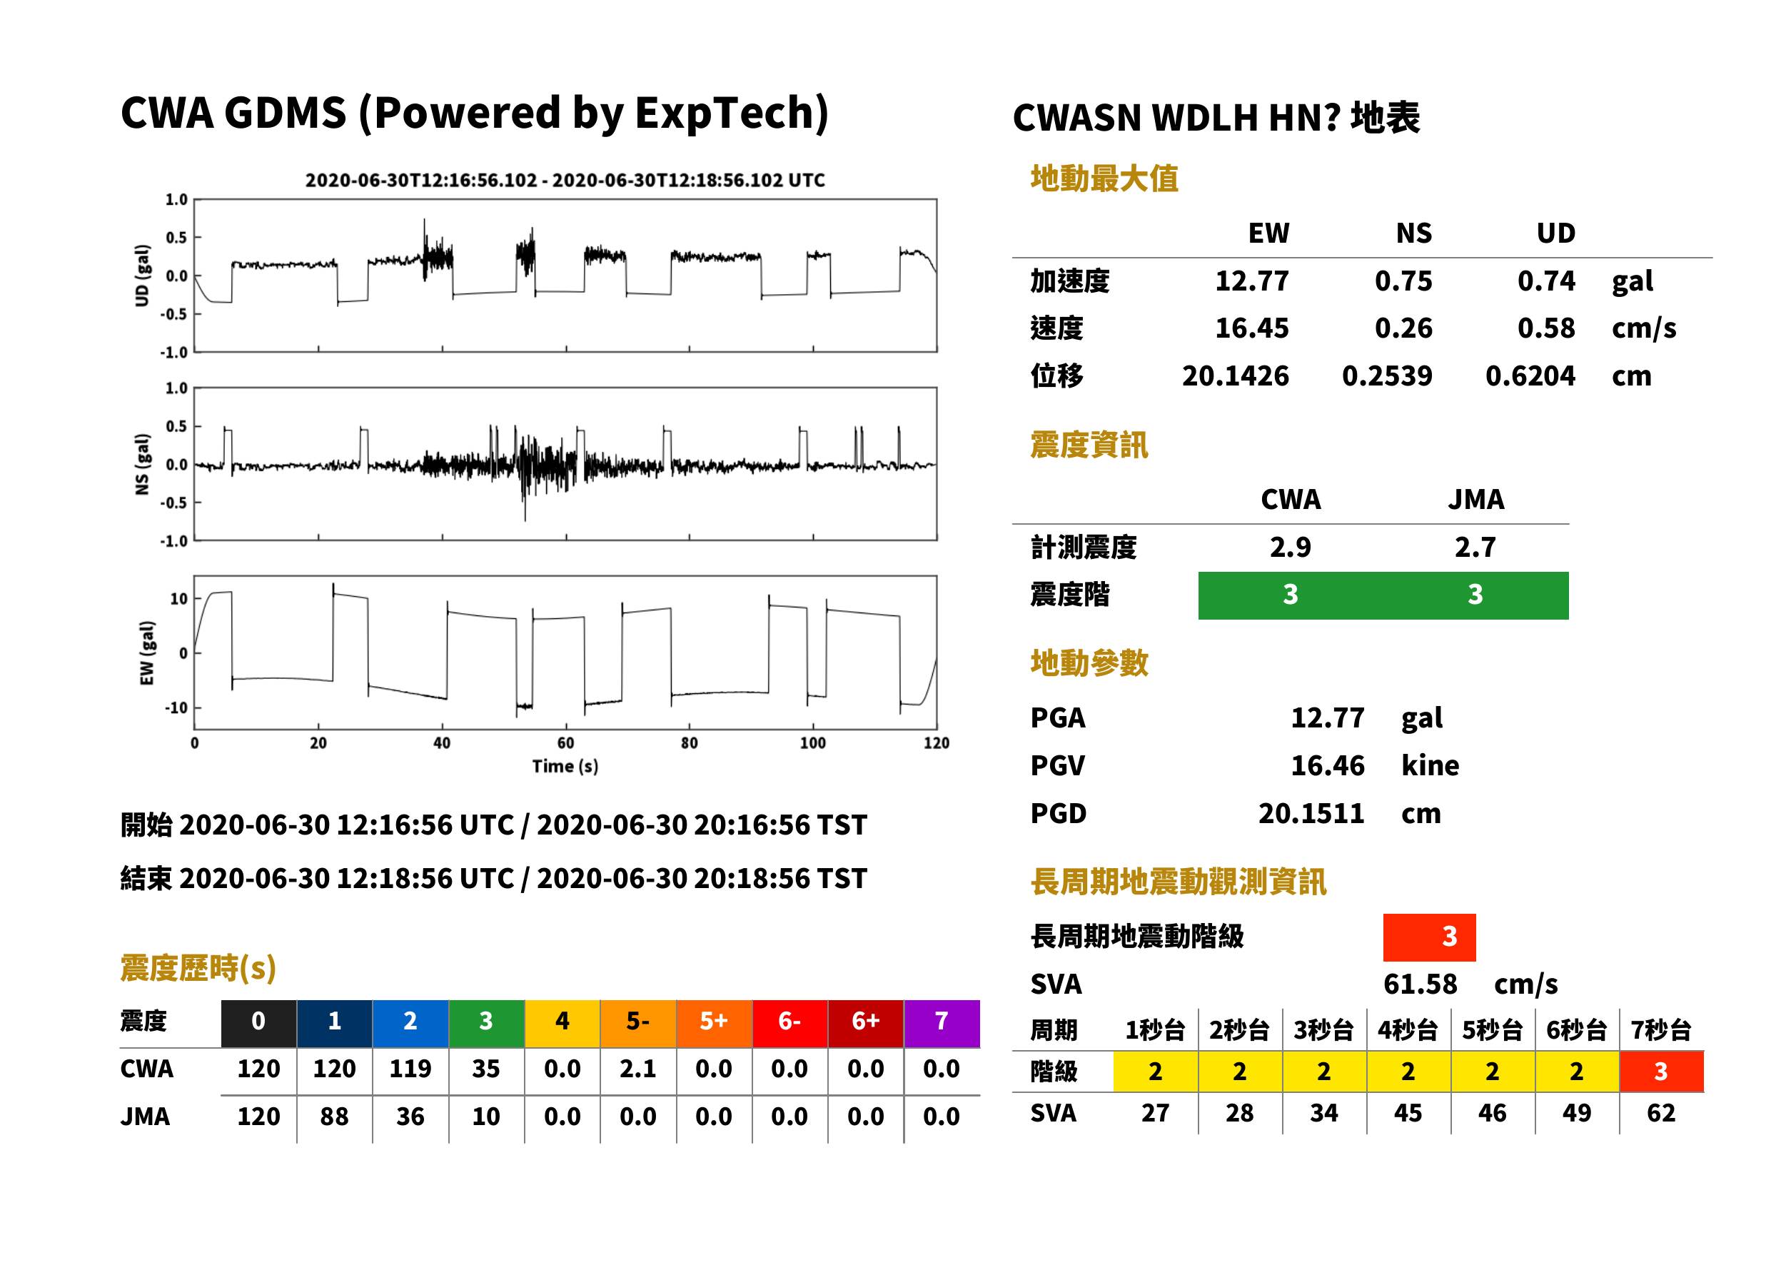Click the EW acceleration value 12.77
pyautogui.click(x=1251, y=281)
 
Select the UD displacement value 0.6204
pyautogui.click(x=1530, y=376)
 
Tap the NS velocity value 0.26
pyautogui.click(x=1403, y=328)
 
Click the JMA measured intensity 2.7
pyautogui.click(x=1475, y=547)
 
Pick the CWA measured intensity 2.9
pyautogui.click(x=1291, y=547)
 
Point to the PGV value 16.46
pyautogui.click(x=1327, y=766)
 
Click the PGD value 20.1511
pyautogui.click(x=1311, y=814)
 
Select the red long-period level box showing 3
pyautogui.click(x=1429, y=937)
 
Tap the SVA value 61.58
pyautogui.click(x=1420, y=984)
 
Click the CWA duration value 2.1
pyautogui.click(x=638, y=1069)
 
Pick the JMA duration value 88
pyautogui.click(x=334, y=1117)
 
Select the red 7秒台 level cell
pyautogui.click(x=1661, y=1072)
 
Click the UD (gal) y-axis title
pyautogui.click(x=142, y=276)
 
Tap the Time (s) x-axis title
pyautogui.click(x=565, y=767)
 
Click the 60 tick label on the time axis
pyautogui.click(x=565, y=743)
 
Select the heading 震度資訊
pyautogui.click(x=1089, y=445)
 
